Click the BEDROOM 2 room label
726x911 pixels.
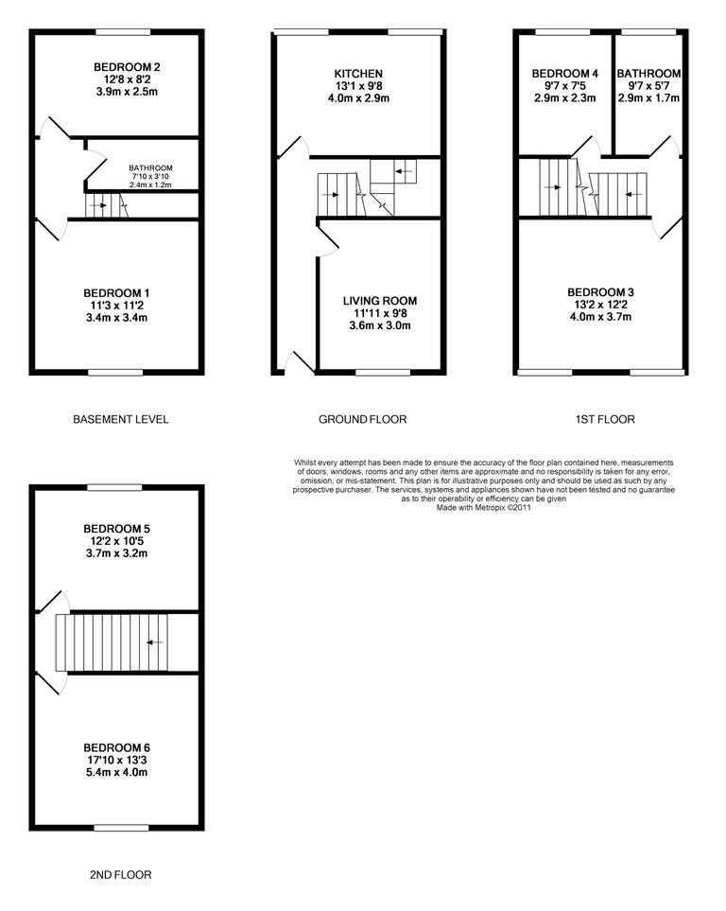(126, 67)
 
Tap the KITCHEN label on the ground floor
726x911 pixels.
(358, 74)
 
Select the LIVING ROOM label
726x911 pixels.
(377, 300)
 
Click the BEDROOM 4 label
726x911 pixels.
(564, 74)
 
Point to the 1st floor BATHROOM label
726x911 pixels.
(648, 74)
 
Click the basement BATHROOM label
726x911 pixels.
(151, 168)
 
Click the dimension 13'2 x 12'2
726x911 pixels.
(600, 306)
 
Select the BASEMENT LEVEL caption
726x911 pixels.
(120, 419)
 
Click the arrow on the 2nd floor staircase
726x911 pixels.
(154, 642)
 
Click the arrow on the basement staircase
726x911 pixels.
(98, 204)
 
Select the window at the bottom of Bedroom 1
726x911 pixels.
(116, 373)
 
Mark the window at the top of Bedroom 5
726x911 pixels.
(116, 487)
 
